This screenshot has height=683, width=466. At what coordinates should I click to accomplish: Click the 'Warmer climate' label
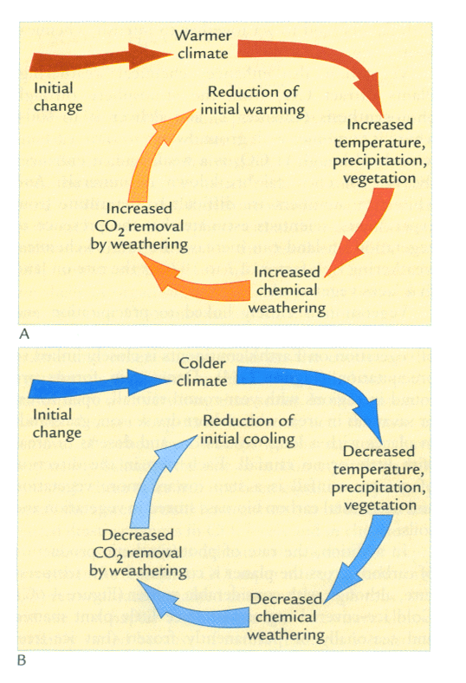(x=203, y=44)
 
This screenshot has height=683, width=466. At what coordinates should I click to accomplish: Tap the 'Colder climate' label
(x=202, y=372)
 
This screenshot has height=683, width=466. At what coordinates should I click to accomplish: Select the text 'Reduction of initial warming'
(x=253, y=101)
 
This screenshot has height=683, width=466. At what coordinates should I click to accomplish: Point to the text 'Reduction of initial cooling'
(x=248, y=430)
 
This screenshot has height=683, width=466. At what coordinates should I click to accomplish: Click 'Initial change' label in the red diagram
(x=58, y=97)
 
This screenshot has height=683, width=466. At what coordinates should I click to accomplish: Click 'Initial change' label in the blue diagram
(x=57, y=423)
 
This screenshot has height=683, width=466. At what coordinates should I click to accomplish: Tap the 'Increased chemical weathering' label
(x=288, y=290)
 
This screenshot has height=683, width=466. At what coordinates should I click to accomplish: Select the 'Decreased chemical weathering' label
(x=287, y=617)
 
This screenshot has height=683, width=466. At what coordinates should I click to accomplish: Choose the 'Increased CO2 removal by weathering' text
(x=139, y=227)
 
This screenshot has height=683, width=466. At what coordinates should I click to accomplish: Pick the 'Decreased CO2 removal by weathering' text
(x=139, y=553)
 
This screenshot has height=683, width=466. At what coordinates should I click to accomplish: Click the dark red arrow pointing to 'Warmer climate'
(x=101, y=58)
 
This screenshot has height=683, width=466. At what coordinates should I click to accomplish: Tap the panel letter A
(x=24, y=334)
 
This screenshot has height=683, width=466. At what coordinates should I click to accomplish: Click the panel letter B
(x=22, y=660)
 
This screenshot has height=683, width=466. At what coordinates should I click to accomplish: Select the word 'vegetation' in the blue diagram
(x=380, y=505)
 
